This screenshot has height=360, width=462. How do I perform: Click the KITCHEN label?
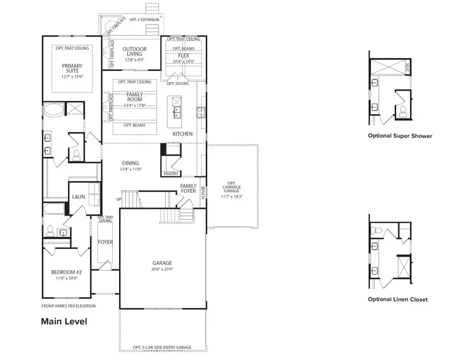[x=182, y=134]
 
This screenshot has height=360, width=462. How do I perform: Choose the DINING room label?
[x=130, y=163]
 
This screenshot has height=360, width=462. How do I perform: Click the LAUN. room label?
[x=79, y=196]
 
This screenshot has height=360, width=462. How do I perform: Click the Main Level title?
[x=64, y=322]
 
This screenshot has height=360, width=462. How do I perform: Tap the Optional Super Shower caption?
[x=400, y=136]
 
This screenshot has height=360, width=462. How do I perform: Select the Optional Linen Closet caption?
[x=398, y=299]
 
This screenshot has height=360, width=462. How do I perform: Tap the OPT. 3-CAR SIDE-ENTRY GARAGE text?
[x=162, y=348]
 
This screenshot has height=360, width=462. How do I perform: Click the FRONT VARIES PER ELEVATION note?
[x=68, y=306]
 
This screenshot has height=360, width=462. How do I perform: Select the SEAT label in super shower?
[x=408, y=67]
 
